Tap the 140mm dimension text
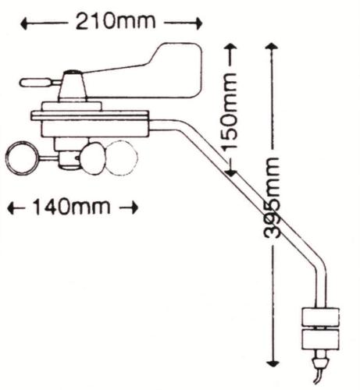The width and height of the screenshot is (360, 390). click(71, 207)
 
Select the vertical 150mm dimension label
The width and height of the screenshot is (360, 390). click(230, 111)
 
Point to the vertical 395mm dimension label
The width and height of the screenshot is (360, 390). click(273, 198)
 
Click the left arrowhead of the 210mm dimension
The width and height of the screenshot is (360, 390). click(24, 23)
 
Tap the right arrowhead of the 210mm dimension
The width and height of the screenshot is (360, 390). click(198, 23)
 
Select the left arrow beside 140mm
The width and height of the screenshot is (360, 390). click(16, 208)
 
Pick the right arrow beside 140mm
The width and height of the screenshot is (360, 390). click(129, 207)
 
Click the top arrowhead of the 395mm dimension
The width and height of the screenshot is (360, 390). click(272, 47)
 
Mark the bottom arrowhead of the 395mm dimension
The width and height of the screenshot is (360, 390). click(273, 363)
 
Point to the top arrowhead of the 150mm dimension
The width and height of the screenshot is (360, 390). click(230, 47)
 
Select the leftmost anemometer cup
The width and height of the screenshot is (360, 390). click(22, 158)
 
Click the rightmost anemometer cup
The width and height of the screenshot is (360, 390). click(121, 158)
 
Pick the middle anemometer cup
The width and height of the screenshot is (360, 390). click(92, 158)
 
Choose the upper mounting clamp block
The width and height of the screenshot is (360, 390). click(320, 317)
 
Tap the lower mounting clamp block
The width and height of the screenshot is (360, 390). click(320, 339)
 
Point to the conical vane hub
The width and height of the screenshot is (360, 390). click(73, 85)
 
